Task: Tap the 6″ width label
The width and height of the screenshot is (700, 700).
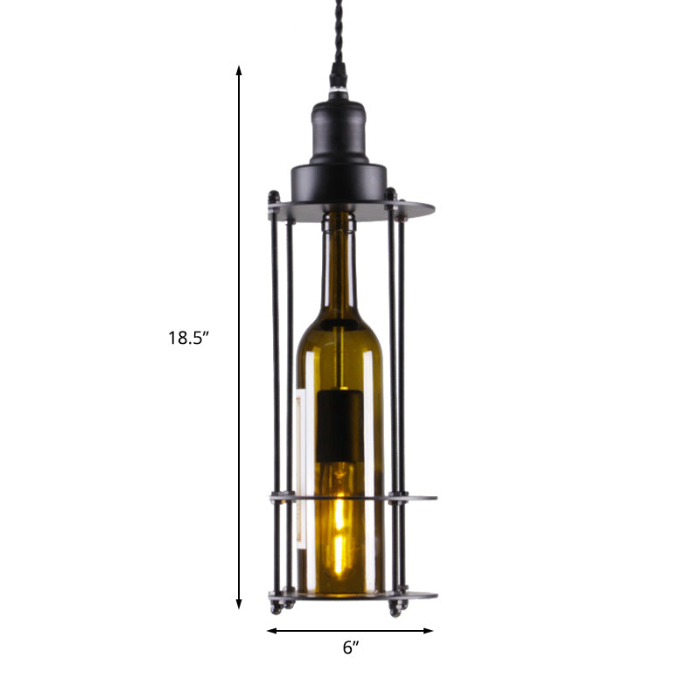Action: coord(350,648)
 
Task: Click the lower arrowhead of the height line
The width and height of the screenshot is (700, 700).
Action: coord(239,603)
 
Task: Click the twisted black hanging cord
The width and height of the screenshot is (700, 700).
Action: coord(337,44)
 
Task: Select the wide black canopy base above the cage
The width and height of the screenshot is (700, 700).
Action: coord(339,179)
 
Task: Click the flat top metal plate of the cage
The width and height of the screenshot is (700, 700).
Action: coord(411,210)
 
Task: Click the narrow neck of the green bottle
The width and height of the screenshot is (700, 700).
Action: coord(339,262)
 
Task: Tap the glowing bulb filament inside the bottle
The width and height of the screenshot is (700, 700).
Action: coord(339,534)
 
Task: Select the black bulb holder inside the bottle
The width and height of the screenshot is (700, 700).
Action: coord(339,429)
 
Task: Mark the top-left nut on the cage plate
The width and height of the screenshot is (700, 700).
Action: coord(275,197)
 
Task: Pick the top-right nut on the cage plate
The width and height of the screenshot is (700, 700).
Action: coord(391,194)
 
